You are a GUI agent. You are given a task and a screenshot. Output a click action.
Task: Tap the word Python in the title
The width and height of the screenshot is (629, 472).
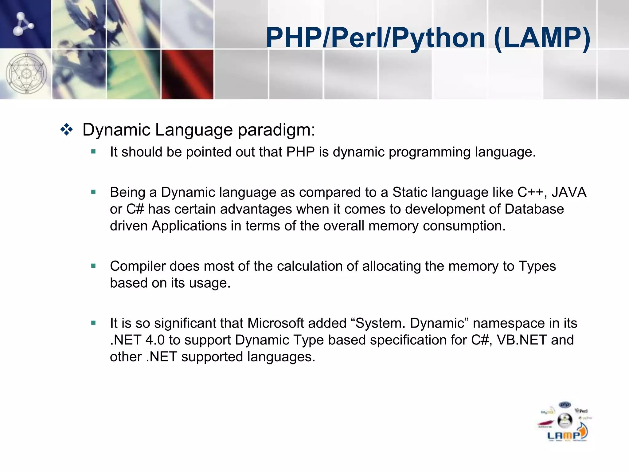[438, 38]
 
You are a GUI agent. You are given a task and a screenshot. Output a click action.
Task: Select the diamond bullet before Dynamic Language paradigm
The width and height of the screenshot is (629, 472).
[67, 130]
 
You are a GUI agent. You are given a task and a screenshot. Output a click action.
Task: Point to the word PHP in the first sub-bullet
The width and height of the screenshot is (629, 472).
[300, 152]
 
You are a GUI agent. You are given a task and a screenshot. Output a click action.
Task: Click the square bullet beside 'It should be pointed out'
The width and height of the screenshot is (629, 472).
[94, 151]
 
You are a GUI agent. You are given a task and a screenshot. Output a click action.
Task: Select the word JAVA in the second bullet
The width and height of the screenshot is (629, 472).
[569, 192]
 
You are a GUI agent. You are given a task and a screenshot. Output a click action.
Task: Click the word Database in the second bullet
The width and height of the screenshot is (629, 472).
[534, 209]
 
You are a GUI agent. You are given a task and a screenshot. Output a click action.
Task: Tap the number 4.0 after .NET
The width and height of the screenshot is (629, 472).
[155, 340]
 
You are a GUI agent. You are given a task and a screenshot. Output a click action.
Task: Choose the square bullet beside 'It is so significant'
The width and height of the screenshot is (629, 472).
[94, 323]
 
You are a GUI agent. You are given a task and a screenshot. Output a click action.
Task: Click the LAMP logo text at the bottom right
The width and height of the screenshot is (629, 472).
[564, 435]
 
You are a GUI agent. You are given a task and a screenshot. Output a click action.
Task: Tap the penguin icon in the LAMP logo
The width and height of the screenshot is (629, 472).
[565, 420]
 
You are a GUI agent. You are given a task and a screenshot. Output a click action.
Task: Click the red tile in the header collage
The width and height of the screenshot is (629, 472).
[187, 74]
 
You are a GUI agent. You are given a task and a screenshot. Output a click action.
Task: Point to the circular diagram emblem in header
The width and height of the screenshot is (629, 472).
[26, 74]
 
